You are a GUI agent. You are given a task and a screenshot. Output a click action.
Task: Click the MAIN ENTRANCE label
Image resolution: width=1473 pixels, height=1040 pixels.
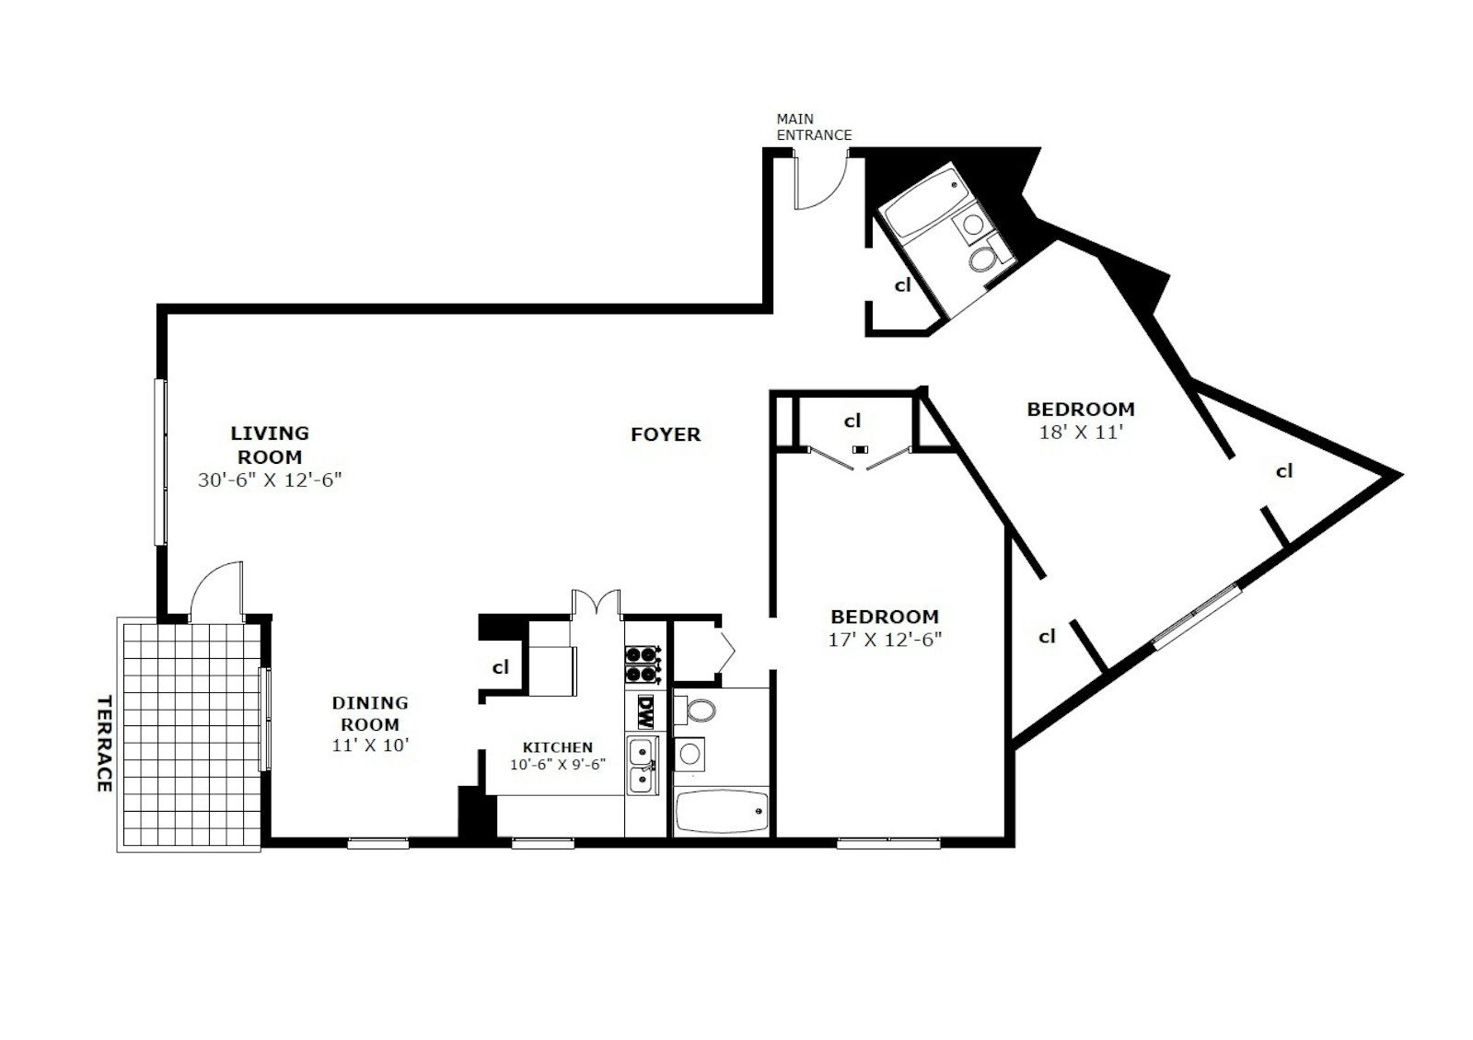tap(814, 127)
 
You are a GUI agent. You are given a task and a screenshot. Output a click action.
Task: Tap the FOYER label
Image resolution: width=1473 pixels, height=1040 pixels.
tap(665, 434)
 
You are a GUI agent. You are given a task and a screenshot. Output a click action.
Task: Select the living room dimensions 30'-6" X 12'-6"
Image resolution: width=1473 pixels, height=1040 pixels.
tap(270, 480)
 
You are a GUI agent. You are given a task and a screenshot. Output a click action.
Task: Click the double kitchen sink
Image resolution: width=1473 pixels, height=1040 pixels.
tap(642, 766)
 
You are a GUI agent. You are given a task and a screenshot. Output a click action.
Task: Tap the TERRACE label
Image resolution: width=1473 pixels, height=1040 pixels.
tap(103, 743)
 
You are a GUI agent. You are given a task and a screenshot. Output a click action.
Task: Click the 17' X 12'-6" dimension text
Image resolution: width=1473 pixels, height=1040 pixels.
tap(885, 639)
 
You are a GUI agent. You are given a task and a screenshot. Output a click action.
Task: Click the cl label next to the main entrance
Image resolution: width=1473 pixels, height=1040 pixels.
tap(902, 285)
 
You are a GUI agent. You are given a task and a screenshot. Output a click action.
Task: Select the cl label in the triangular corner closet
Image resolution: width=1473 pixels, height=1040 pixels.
tap(1284, 471)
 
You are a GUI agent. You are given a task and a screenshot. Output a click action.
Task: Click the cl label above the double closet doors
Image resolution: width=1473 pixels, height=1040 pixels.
tap(852, 421)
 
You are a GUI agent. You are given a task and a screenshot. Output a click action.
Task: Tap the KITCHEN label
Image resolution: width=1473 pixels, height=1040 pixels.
tap(558, 747)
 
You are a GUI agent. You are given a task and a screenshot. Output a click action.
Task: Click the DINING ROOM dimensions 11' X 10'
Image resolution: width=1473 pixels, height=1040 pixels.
tap(370, 745)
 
